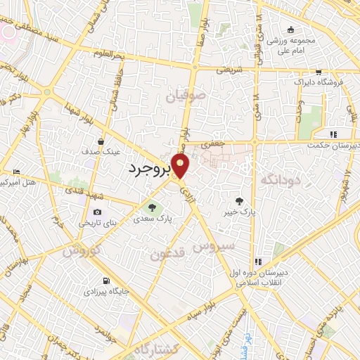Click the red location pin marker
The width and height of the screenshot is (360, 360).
point(181,166)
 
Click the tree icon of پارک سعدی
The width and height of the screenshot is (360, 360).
point(151,207)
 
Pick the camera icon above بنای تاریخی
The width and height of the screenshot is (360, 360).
point(97,212)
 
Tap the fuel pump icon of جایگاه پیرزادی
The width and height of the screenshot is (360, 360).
point(106,279)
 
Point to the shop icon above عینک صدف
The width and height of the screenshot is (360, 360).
point(101,141)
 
